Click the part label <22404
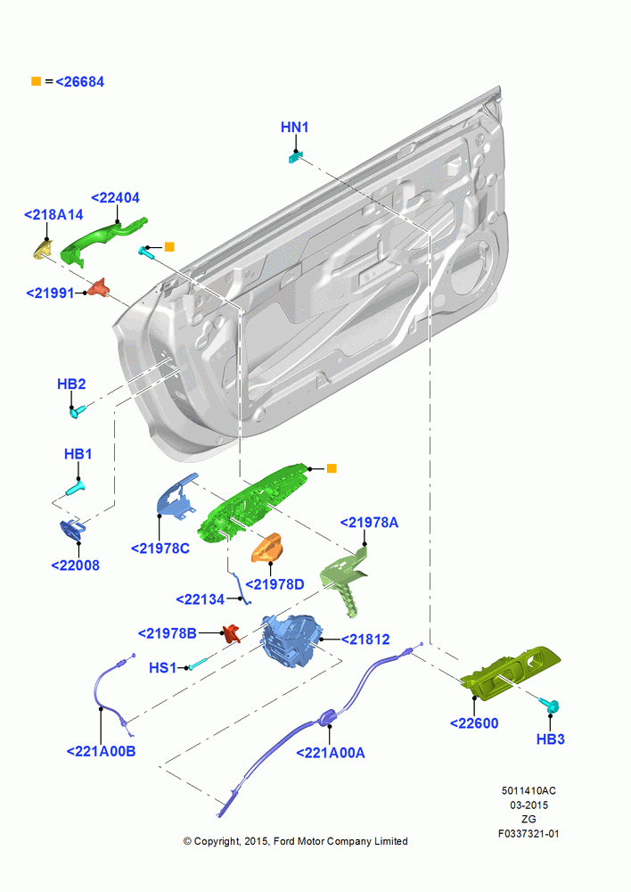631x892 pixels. (x=115, y=198)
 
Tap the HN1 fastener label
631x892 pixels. (x=294, y=128)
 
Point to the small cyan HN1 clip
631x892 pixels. (x=295, y=156)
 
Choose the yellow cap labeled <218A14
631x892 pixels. (x=42, y=249)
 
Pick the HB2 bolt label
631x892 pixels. (x=71, y=384)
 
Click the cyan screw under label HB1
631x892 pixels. (x=76, y=488)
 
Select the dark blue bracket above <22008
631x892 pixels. (x=73, y=529)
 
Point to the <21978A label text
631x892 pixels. (x=369, y=523)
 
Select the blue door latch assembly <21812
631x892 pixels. (x=291, y=640)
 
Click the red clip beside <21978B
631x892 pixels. (x=231, y=632)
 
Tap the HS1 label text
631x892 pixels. (x=162, y=668)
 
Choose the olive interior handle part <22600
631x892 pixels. (x=510, y=673)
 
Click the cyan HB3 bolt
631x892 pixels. (x=551, y=706)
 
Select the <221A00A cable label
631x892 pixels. (x=331, y=753)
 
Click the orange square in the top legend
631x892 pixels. (x=36, y=81)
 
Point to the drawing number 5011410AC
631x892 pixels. (x=529, y=790)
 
